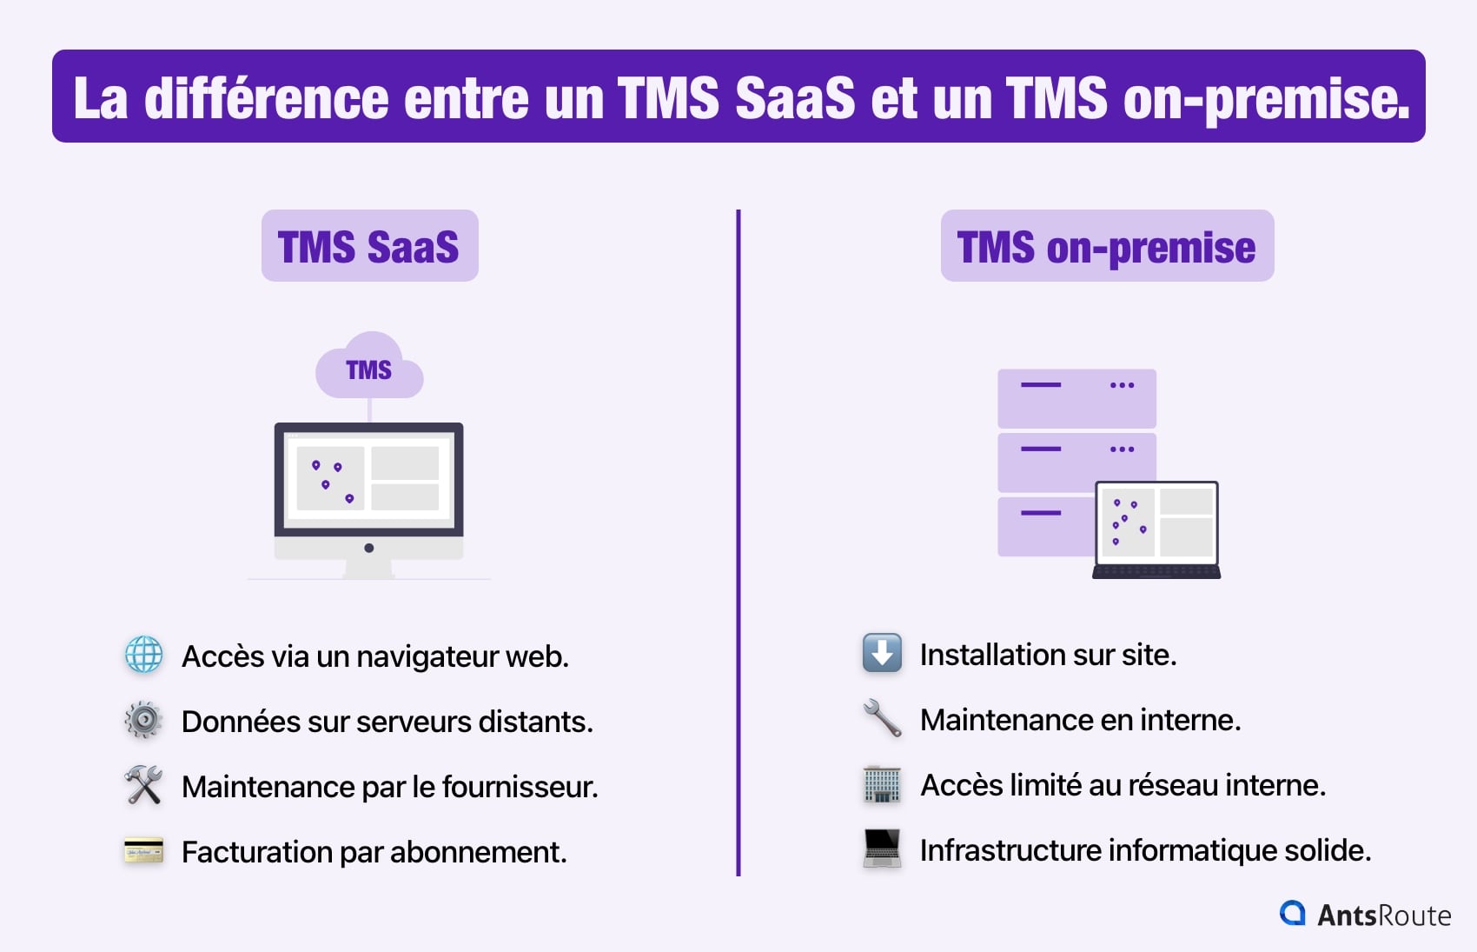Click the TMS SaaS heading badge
[x=369, y=246]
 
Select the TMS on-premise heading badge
[x=1107, y=246]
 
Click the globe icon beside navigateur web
[x=143, y=655]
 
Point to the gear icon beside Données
[x=143, y=720]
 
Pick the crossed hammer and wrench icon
[x=143, y=785]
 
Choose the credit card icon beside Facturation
[x=143, y=850]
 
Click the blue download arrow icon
[x=882, y=653]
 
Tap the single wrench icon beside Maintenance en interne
[x=882, y=718]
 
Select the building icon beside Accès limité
[x=882, y=784]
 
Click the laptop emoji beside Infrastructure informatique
[x=882, y=849]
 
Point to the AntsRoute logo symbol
[x=1293, y=913]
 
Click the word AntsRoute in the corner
[x=1384, y=915]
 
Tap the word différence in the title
[x=266, y=97]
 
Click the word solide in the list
[x=1327, y=850]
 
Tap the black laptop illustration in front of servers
[x=1156, y=529]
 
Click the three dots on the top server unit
[x=1122, y=385]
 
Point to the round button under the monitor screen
[x=369, y=548]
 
